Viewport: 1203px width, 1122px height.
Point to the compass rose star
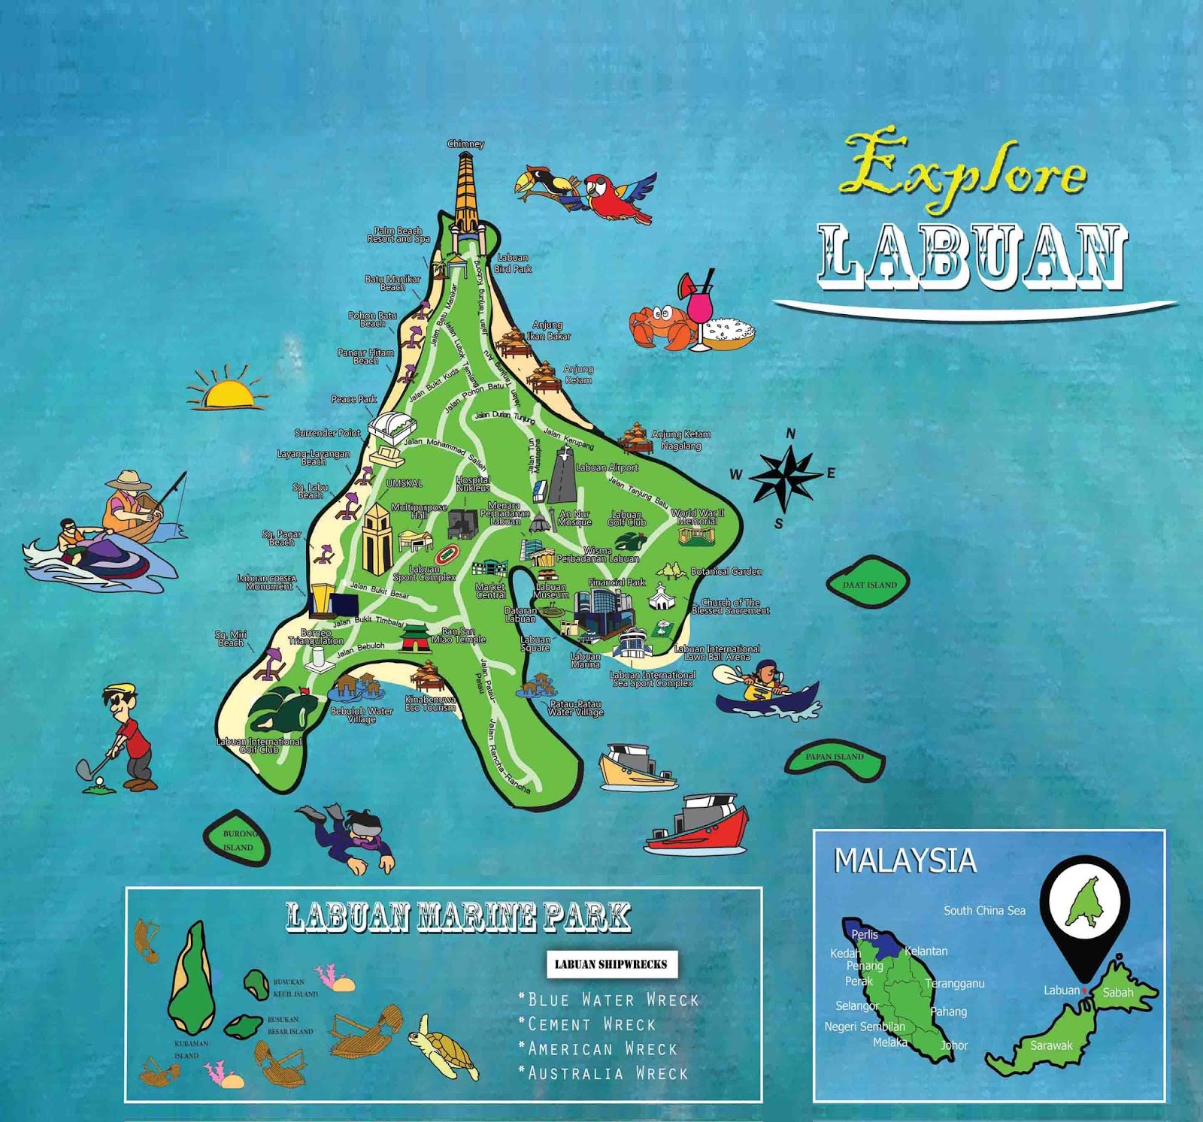pyautogui.click(x=784, y=476)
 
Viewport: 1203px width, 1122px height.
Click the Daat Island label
pyautogui.click(x=869, y=585)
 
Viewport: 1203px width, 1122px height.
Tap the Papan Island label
pyautogui.click(x=835, y=757)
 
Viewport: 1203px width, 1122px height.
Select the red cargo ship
pyautogui.click(x=703, y=827)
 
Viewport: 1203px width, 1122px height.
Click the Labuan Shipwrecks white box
pyautogui.click(x=611, y=964)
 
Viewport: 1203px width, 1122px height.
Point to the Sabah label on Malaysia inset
pyautogui.click(x=1117, y=993)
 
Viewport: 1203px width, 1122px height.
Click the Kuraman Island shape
pyautogui.click(x=191, y=977)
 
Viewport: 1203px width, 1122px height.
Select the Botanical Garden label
pyautogui.click(x=726, y=572)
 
